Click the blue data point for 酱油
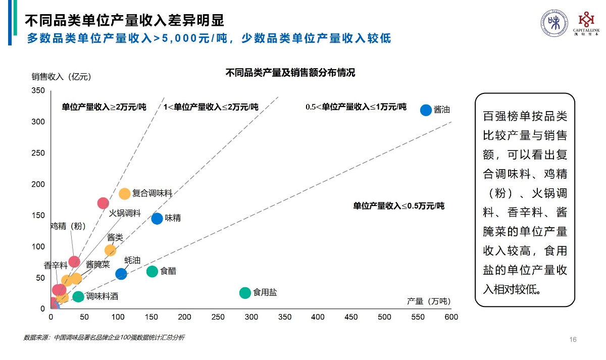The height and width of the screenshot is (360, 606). [426, 110]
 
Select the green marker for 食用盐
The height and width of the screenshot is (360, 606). [245, 293]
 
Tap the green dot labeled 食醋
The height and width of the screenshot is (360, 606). [152, 272]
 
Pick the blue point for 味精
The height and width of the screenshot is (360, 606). [157, 219]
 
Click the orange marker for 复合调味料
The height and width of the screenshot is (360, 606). [125, 194]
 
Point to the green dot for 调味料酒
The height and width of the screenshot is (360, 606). [78, 297]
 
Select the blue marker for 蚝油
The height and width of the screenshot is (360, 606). [121, 274]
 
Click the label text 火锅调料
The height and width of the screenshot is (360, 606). [125, 213]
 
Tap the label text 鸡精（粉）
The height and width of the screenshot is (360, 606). [68, 226]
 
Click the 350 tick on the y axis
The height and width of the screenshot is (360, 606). [39, 91]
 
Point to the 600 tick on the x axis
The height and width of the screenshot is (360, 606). [451, 317]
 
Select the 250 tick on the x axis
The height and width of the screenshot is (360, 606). [218, 317]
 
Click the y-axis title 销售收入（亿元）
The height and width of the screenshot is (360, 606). [61, 77]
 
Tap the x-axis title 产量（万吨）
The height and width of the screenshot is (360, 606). [428, 301]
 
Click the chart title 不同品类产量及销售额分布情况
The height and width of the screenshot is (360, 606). [290, 73]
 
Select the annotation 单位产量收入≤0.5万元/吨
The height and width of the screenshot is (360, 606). [398, 206]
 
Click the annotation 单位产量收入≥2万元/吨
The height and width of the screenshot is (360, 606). [104, 107]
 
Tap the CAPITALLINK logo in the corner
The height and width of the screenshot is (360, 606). [586, 24]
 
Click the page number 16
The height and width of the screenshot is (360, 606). [573, 339]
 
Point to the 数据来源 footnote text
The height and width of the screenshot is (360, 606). [104, 337]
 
